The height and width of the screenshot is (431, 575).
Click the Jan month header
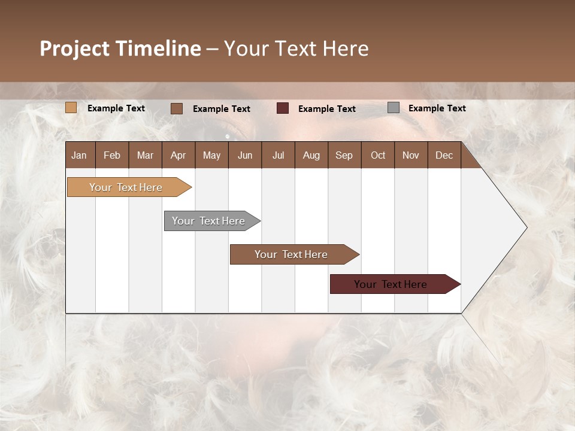(79, 155)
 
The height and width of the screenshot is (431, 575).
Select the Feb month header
(112, 155)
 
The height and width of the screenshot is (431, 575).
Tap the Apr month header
(178, 155)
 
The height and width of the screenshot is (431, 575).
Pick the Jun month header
(245, 155)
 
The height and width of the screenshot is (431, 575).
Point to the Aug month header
(311, 155)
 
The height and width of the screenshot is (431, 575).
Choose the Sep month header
(344, 155)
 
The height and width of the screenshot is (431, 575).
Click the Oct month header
(378, 155)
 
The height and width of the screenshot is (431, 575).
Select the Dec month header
(444, 155)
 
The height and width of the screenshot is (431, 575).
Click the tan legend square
(71, 108)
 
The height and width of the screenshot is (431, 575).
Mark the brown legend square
(177, 108)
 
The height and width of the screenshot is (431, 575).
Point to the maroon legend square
(283, 108)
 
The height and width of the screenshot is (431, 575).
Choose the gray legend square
(394, 108)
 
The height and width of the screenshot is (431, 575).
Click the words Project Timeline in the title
(120, 48)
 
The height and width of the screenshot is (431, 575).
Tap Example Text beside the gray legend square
(437, 108)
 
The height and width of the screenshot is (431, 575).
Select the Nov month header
(411, 155)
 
